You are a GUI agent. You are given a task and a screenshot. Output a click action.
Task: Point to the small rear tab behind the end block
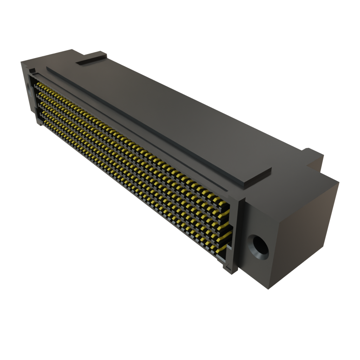click(x=314, y=156)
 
